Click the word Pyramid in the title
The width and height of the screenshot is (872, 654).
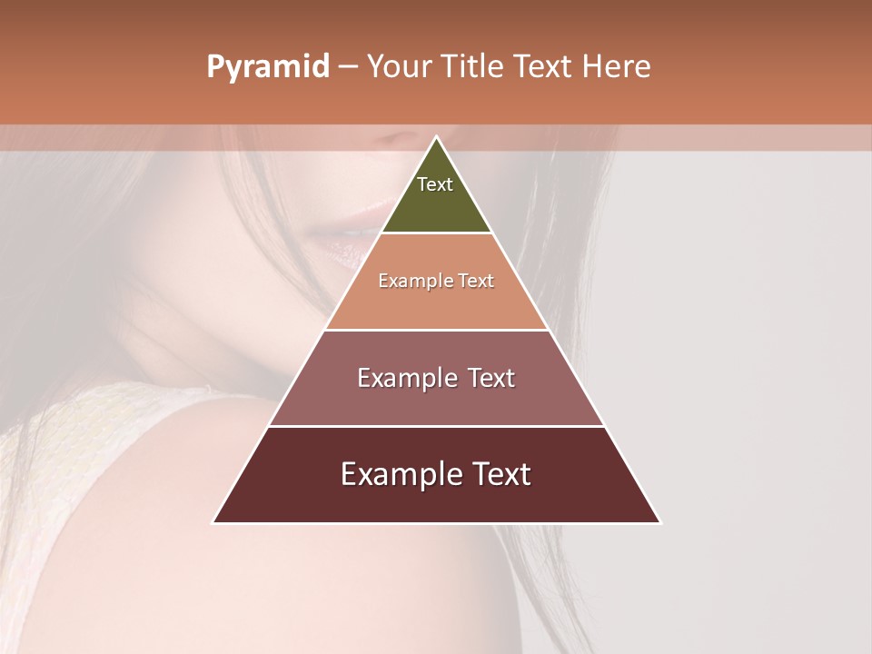[267, 67]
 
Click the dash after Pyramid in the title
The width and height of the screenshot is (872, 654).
[348, 67]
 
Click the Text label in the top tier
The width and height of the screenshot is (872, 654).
[435, 184]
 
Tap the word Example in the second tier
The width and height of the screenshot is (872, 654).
[409, 282]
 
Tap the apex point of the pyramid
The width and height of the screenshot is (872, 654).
[436, 137]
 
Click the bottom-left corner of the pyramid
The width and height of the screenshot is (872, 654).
[213, 522]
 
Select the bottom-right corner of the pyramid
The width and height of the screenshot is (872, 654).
[659, 522]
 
